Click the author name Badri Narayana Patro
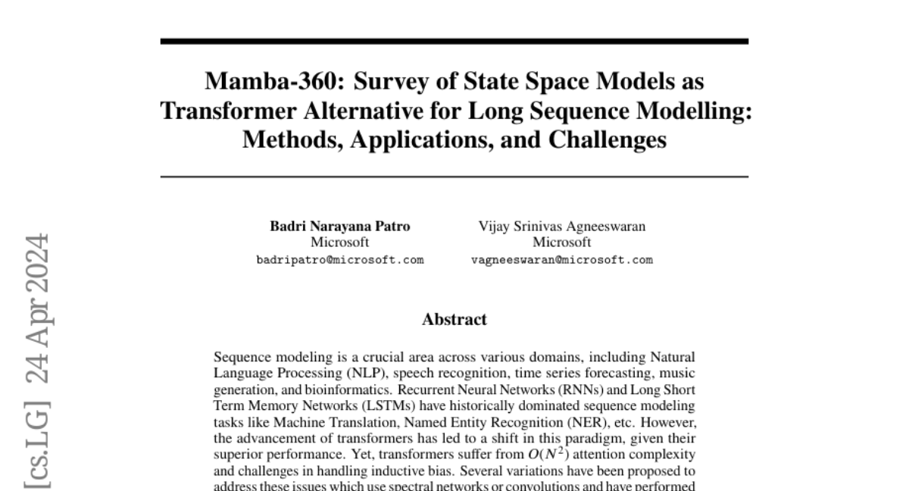[340, 226]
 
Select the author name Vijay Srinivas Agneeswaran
[561, 226]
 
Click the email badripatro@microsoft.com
[340, 259]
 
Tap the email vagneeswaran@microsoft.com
[561, 259]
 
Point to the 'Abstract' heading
[454, 319]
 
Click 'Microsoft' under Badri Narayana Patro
[340, 242]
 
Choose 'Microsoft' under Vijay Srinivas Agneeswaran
[561, 242]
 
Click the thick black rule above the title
[454, 41]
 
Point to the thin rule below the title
[454, 177]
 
